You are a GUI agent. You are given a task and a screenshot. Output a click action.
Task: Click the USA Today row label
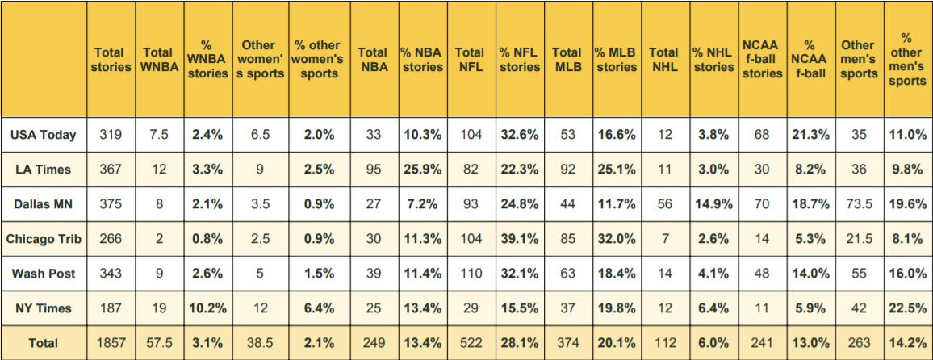tap(44, 135)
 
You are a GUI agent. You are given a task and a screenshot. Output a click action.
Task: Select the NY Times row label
tap(44, 308)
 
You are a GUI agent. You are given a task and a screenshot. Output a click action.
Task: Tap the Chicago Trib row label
tap(44, 239)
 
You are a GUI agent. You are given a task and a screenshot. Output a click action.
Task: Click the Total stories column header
tap(110, 60)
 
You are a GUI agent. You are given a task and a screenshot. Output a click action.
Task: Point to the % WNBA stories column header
tap(207, 60)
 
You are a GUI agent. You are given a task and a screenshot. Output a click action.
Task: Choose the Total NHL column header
tap(664, 60)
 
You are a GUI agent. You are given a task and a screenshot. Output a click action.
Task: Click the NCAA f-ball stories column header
tap(762, 60)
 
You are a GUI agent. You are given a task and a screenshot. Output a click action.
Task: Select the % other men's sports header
tap(906, 60)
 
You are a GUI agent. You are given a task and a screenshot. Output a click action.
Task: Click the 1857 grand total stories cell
tap(110, 343)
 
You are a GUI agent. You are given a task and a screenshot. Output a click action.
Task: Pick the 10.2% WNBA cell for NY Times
tap(207, 308)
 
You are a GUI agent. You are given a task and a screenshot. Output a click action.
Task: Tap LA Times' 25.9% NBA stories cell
tap(422, 170)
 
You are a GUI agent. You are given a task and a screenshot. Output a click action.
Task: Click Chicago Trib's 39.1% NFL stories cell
tap(519, 239)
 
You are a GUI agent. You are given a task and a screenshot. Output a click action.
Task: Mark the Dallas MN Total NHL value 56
tap(664, 204)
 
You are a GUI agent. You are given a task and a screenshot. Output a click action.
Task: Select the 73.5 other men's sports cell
tap(858, 204)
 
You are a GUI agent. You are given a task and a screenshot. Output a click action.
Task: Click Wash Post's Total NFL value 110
tap(470, 274)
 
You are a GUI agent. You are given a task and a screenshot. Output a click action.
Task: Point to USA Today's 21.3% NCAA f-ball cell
tap(810, 135)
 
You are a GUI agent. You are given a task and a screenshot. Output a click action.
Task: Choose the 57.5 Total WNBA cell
tap(159, 343)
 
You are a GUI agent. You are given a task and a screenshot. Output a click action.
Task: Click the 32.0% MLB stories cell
tap(617, 239)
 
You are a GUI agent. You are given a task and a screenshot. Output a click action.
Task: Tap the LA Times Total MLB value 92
tap(567, 170)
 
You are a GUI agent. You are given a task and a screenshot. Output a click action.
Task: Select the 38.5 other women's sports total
tap(260, 343)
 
